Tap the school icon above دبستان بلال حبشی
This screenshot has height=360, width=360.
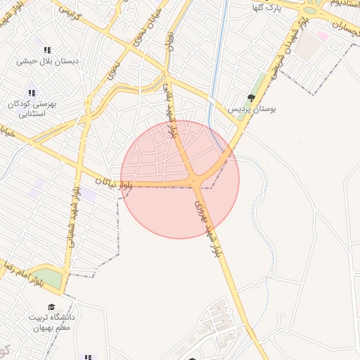pos(47,51)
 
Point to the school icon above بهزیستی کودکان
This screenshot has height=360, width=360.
pos(32,93)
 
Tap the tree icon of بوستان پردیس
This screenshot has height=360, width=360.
pos(251,98)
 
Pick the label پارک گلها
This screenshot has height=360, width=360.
pos(267,7)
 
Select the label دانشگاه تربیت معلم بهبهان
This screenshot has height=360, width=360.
pos(51,323)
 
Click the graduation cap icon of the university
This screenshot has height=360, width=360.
pos(51,307)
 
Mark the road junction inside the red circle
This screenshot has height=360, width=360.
pos(195,182)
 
